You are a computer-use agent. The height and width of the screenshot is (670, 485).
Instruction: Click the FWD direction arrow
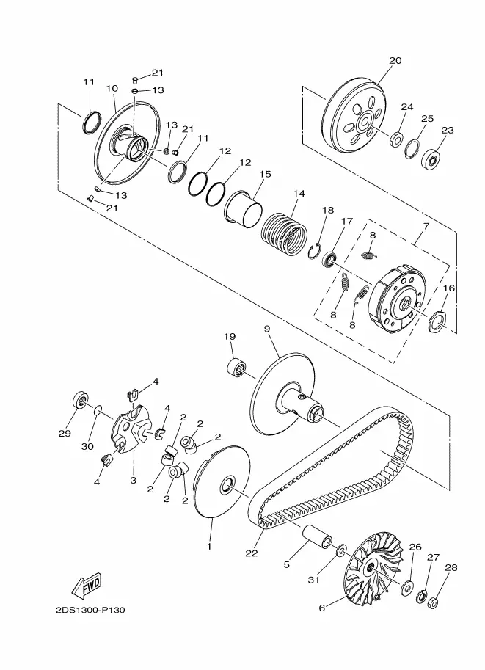point(87,585)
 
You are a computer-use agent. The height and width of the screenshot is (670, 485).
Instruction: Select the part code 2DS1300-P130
point(90,610)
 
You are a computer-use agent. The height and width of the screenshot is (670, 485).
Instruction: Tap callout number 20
point(395,60)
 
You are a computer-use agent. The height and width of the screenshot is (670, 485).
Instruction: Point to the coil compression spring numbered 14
point(284,235)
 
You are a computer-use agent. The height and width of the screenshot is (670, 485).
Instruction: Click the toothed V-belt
point(331,470)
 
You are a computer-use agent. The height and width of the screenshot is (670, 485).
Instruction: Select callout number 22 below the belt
point(252,553)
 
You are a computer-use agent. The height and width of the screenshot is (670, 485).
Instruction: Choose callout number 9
point(267,329)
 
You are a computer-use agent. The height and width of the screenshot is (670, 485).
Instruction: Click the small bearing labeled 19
point(236,368)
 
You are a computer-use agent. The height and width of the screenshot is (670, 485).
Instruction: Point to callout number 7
point(426,225)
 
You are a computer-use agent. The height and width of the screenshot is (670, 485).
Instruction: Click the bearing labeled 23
point(431,159)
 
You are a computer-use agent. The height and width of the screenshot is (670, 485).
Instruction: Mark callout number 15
point(266,175)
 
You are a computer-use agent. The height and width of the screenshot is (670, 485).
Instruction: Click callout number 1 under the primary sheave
point(209,547)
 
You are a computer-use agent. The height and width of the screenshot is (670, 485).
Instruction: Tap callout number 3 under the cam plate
point(134,480)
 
